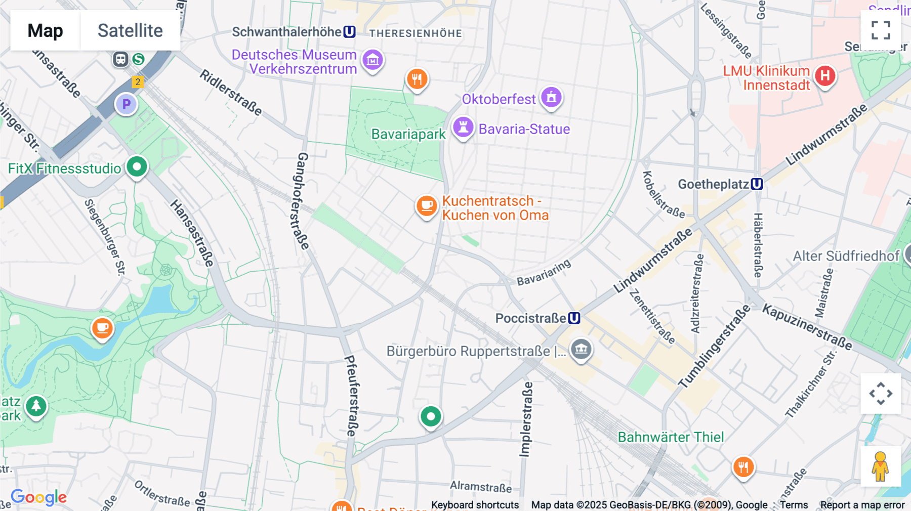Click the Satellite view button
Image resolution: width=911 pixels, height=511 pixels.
pyautogui.click(x=130, y=30)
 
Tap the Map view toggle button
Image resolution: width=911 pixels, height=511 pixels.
pyautogui.click(x=45, y=30)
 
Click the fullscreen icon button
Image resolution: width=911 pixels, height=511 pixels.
pyautogui.click(x=881, y=30)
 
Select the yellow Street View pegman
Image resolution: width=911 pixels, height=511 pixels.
pyautogui.click(x=881, y=466)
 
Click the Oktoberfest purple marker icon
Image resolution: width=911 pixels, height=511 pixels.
pyautogui.click(x=551, y=97)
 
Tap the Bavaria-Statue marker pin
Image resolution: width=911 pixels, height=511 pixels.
pyautogui.click(x=463, y=127)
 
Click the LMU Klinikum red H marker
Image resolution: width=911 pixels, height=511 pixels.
pyautogui.click(x=825, y=76)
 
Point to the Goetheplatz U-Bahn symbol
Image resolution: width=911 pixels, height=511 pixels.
pyautogui.click(x=757, y=184)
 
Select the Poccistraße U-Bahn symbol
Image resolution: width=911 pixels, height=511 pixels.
pyautogui.click(x=574, y=318)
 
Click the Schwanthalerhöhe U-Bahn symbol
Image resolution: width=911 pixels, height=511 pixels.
pyautogui.click(x=349, y=32)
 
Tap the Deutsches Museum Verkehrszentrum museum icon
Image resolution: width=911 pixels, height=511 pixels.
pyautogui.click(x=373, y=60)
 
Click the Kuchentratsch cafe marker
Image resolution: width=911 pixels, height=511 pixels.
pyautogui.click(x=427, y=206)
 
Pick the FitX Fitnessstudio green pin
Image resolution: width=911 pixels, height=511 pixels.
pyautogui.click(x=137, y=167)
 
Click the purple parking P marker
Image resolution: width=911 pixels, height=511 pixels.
pyautogui.click(x=127, y=105)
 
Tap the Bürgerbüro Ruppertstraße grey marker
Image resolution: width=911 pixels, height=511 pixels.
pyautogui.click(x=581, y=349)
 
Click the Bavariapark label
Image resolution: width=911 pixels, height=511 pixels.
pyautogui.click(x=408, y=135)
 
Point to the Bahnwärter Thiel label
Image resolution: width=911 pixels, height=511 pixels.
pyautogui.click(x=671, y=437)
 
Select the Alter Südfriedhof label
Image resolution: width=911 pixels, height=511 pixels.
pyautogui.click(x=846, y=257)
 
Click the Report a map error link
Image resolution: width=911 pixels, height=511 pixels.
pyautogui.click(x=862, y=505)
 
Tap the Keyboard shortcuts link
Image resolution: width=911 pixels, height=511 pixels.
pyautogui.click(x=475, y=505)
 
